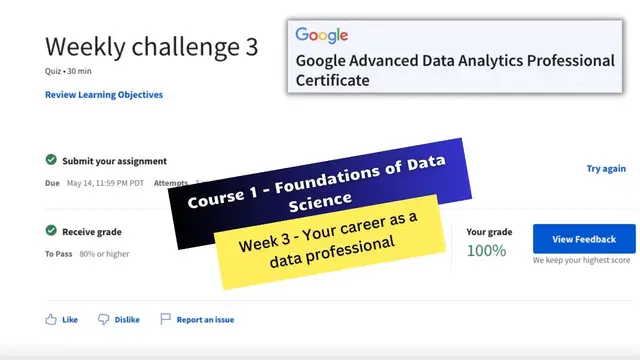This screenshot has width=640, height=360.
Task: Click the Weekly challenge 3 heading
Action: click(x=151, y=47)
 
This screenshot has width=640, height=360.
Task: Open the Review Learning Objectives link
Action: click(x=104, y=95)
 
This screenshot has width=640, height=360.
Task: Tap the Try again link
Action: click(x=606, y=169)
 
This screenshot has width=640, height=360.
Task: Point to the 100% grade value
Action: click(x=486, y=250)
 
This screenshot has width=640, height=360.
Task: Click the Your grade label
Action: click(x=489, y=232)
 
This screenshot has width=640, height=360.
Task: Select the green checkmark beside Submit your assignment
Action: click(x=51, y=160)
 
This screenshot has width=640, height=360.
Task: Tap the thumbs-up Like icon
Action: click(x=51, y=320)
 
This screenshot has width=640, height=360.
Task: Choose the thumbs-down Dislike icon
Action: click(x=103, y=320)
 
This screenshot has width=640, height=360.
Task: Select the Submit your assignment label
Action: click(x=114, y=161)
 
